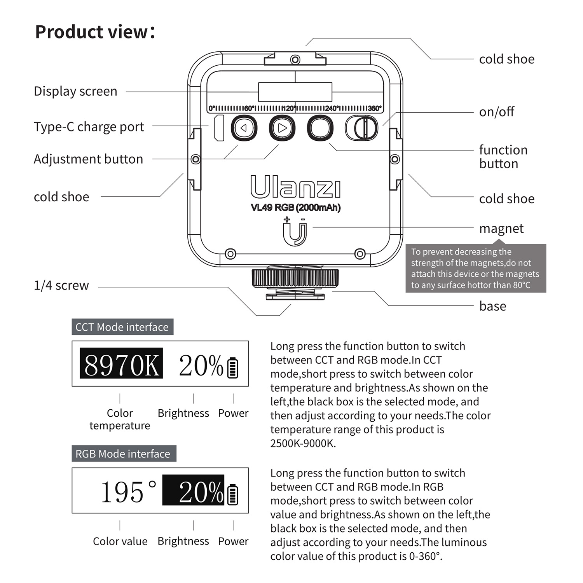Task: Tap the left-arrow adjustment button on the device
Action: click(244, 128)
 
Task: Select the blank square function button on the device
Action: click(320, 128)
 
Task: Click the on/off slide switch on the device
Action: click(361, 128)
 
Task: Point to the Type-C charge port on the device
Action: click(219, 128)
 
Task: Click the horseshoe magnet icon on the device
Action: click(295, 232)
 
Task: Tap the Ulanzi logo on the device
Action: click(295, 187)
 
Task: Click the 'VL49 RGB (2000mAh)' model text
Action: click(295, 208)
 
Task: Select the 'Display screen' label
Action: click(75, 91)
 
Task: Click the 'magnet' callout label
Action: click(501, 229)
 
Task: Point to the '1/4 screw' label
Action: click(61, 286)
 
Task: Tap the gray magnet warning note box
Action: click(475, 268)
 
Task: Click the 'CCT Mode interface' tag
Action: click(122, 327)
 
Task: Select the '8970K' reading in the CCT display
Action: click(121, 364)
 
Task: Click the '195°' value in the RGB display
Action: click(128, 491)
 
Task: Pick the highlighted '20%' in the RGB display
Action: click(194, 490)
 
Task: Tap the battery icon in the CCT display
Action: click(232, 368)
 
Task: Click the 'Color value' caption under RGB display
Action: click(120, 541)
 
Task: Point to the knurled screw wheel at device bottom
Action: click(295, 278)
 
